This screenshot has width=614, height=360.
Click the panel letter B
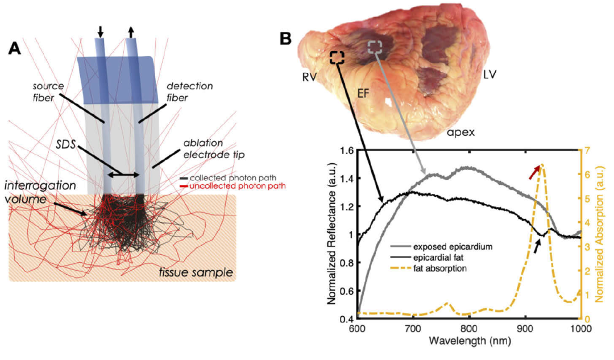pyautogui.click(x=285, y=39)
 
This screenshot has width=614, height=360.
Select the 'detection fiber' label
pyautogui.click(x=189, y=92)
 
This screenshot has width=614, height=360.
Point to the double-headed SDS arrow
pyautogui.click(x=124, y=175)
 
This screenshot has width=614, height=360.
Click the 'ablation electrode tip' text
pyautogui.click(x=214, y=149)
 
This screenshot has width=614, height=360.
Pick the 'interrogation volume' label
pyautogui.click(x=35, y=192)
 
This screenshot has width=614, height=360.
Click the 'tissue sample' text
pyautogui.click(x=196, y=272)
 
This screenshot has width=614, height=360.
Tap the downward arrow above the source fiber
pyautogui.click(x=101, y=31)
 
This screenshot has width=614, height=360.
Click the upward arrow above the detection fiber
pyautogui.click(x=131, y=31)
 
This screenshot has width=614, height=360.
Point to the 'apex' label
pyautogui.click(x=461, y=133)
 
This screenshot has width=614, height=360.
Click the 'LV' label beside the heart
pyautogui.click(x=489, y=75)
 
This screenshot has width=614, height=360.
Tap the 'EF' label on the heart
pyautogui.click(x=363, y=93)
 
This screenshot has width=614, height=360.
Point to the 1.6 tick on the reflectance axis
pyautogui.click(x=346, y=150)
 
